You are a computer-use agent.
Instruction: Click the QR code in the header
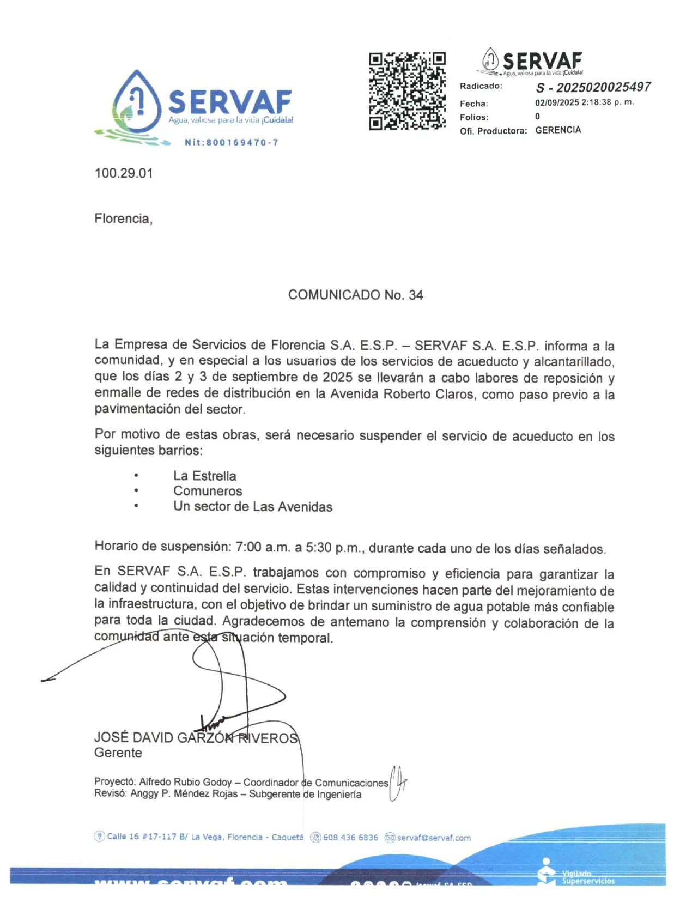pos(407,91)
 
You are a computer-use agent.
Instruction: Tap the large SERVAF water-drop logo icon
pos(136,104)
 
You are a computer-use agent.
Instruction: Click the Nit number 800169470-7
pos(232,143)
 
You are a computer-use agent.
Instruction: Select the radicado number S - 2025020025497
pos(593,87)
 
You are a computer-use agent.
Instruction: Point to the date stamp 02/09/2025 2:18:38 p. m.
pos(584,102)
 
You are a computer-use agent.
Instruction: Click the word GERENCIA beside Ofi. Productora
pos(558,130)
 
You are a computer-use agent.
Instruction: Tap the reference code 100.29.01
pos(124,173)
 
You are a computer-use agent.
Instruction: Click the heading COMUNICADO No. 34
pos(355,295)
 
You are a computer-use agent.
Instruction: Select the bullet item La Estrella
pos(205,476)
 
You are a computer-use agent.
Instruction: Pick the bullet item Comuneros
pos(208,491)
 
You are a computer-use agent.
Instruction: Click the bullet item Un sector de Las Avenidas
pos(253,507)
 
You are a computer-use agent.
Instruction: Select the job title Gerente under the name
pos(118,753)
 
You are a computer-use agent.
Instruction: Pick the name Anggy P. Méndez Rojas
pos(184,794)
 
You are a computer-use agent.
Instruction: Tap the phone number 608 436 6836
pos(350,838)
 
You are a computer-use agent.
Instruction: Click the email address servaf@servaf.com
pos(434,838)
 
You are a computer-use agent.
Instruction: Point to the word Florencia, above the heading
pos(123,219)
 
